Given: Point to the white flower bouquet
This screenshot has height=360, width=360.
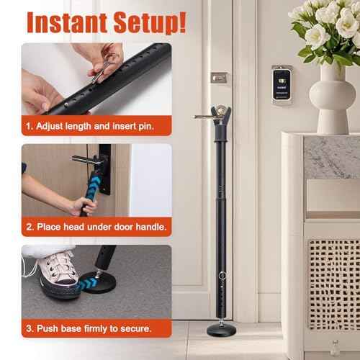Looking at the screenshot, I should [x=324, y=29].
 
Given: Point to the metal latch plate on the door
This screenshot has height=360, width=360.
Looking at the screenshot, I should [x=219, y=77].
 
